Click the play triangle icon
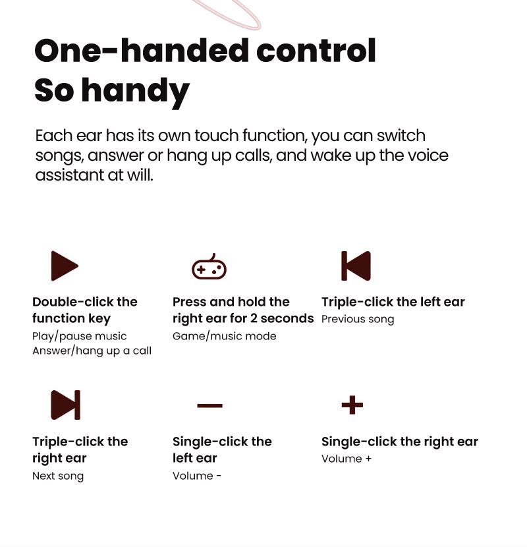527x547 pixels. click(64, 266)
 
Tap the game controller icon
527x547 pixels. click(209, 267)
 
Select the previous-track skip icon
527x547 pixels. click(356, 266)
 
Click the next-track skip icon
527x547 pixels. click(66, 405)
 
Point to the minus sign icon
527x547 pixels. click(209, 405)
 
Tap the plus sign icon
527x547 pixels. click(352, 405)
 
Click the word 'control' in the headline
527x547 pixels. click(316, 51)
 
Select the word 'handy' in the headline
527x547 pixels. click(135, 92)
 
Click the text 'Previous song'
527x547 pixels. click(358, 319)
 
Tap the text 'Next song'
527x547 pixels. click(58, 476)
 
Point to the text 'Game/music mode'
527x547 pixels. click(224, 336)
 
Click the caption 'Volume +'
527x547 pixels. click(347, 459)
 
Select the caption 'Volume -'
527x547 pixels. click(197, 476)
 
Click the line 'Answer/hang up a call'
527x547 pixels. click(92, 351)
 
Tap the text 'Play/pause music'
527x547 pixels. click(80, 336)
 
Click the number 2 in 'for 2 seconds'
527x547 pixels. click(254, 318)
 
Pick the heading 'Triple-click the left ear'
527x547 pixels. click(393, 302)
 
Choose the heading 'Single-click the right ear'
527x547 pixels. click(400, 442)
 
